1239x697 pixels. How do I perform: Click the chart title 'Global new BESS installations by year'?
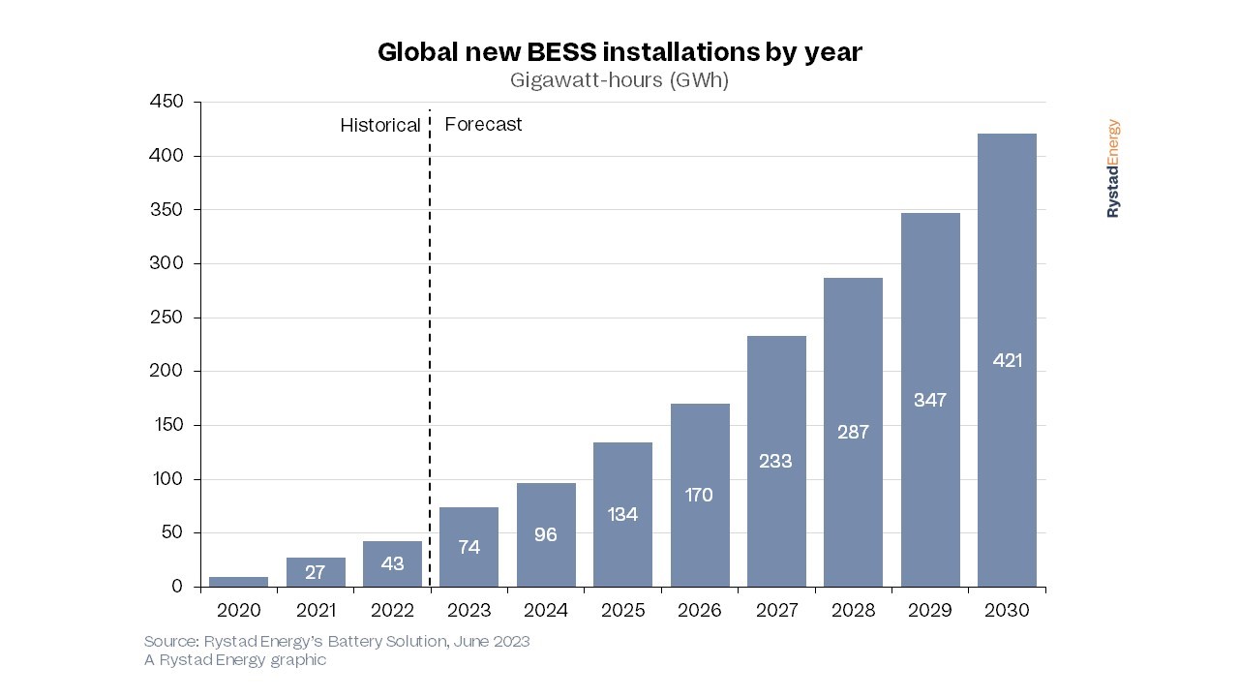click(619, 52)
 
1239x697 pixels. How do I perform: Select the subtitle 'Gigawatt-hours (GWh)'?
click(619, 81)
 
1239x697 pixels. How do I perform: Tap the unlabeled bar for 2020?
click(238, 582)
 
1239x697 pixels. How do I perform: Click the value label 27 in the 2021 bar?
click(316, 573)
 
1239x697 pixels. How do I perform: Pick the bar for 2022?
click(392, 563)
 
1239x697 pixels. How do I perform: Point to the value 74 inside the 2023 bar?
click(468, 547)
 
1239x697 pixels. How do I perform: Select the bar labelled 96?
click(546, 534)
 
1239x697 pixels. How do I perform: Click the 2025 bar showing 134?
click(622, 514)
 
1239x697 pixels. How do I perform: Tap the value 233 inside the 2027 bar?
click(776, 461)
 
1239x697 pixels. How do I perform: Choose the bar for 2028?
click(853, 432)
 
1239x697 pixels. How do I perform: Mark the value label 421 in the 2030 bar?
click(1007, 360)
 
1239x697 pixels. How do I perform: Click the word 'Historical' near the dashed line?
click(380, 126)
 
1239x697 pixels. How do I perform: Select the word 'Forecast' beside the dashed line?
click(483, 125)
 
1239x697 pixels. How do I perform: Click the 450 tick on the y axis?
click(166, 103)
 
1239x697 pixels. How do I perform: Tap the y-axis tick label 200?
click(166, 372)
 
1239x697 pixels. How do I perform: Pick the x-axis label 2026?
click(700, 611)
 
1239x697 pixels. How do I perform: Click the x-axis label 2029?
click(930, 611)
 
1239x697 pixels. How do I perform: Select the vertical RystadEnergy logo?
click(1113, 168)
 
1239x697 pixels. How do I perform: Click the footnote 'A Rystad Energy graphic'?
click(235, 660)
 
